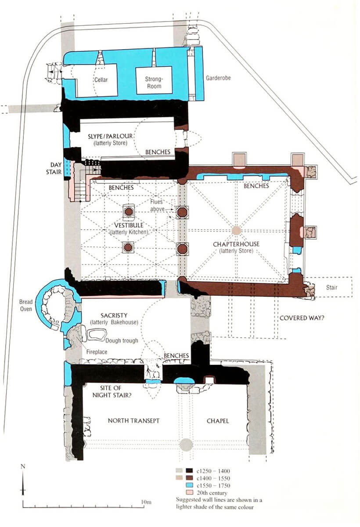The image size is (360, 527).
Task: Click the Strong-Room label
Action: pos(154,83)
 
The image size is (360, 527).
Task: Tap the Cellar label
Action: pos(101,80)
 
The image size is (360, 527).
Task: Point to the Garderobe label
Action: pos(218,78)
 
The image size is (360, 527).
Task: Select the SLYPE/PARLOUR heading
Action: pos(110,136)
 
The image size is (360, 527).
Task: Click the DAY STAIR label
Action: pos(54,169)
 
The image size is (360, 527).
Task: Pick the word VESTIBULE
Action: pos(129,225)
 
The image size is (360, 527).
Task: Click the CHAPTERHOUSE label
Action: pos(236,244)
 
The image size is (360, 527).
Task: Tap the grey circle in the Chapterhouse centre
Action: pos(237,231)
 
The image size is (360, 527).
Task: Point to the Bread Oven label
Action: pos(25,305)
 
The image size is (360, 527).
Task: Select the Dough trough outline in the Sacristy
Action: pos(97,334)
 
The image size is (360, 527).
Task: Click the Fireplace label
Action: pos(97,352)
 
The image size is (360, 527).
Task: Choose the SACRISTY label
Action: pos(114,315)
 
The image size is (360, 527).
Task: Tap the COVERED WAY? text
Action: pos(302,318)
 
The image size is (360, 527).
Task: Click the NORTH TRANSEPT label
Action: pos(133,421)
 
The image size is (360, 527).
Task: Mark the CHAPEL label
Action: pos(218,421)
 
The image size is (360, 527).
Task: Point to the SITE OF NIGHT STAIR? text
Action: pos(112,391)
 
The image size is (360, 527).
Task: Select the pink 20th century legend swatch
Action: pos(189,493)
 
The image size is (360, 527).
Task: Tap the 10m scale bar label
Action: pos(146,502)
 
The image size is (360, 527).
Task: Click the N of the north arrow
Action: pos(23,466)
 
